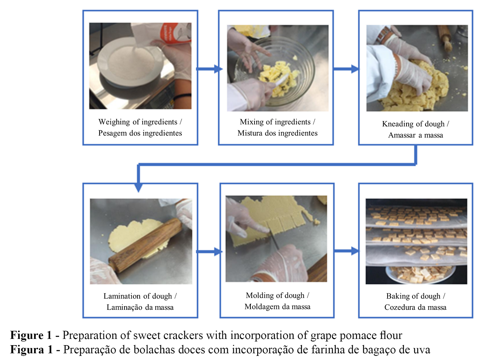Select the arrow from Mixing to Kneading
pyautogui.click(x=346, y=69)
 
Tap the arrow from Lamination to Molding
pyautogui.click(x=209, y=252)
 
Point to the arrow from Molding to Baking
pyautogui.click(x=346, y=251)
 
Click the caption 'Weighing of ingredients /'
pyautogui.click(x=140, y=122)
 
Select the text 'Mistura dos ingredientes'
pyautogui.click(x=278, y=133)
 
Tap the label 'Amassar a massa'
pyautogui.click(x=415, y=135)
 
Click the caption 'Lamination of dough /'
pyautogui.click(x=140, y=296)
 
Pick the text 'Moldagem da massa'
pyautogui.click(x=278, y=307)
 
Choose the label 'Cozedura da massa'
pyautogui.click(x=415, y=307)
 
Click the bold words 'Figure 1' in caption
pyautogui.click(x=31, y=335)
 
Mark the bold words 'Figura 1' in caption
pyautogui.click(x=32, y=350)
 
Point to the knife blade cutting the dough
pyautogui.click(x=275, y=241)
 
